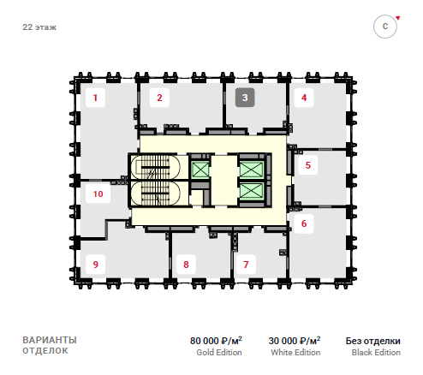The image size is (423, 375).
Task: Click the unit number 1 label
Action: [95, 98]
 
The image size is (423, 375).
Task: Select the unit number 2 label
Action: [159, 98]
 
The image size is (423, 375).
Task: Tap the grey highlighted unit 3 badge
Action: [245, 98]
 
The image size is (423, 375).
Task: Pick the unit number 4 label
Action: [304, 98]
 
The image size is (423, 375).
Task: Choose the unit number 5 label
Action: [308, 165]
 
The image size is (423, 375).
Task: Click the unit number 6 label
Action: [304, 223]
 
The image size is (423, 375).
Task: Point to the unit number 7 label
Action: [246, 265]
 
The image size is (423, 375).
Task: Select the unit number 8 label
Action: [186, 265]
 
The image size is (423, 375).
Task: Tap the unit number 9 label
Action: [96, 265]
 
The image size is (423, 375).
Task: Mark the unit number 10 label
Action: [98, 193]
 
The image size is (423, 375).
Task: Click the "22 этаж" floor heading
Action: [39, 27]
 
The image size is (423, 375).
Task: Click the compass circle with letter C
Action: [385, 27]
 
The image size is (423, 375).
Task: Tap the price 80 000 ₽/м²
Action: [216, 341]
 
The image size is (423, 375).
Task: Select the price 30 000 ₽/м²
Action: [295, 341]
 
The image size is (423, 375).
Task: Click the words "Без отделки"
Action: [373, 341]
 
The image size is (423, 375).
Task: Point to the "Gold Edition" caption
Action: [219, 353]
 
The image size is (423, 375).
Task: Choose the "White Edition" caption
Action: [295, 353]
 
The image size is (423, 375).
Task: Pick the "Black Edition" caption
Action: [376, 353]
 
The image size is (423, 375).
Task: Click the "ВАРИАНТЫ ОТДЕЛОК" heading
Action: [50, 345]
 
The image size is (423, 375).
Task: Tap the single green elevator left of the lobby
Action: [200, 169]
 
